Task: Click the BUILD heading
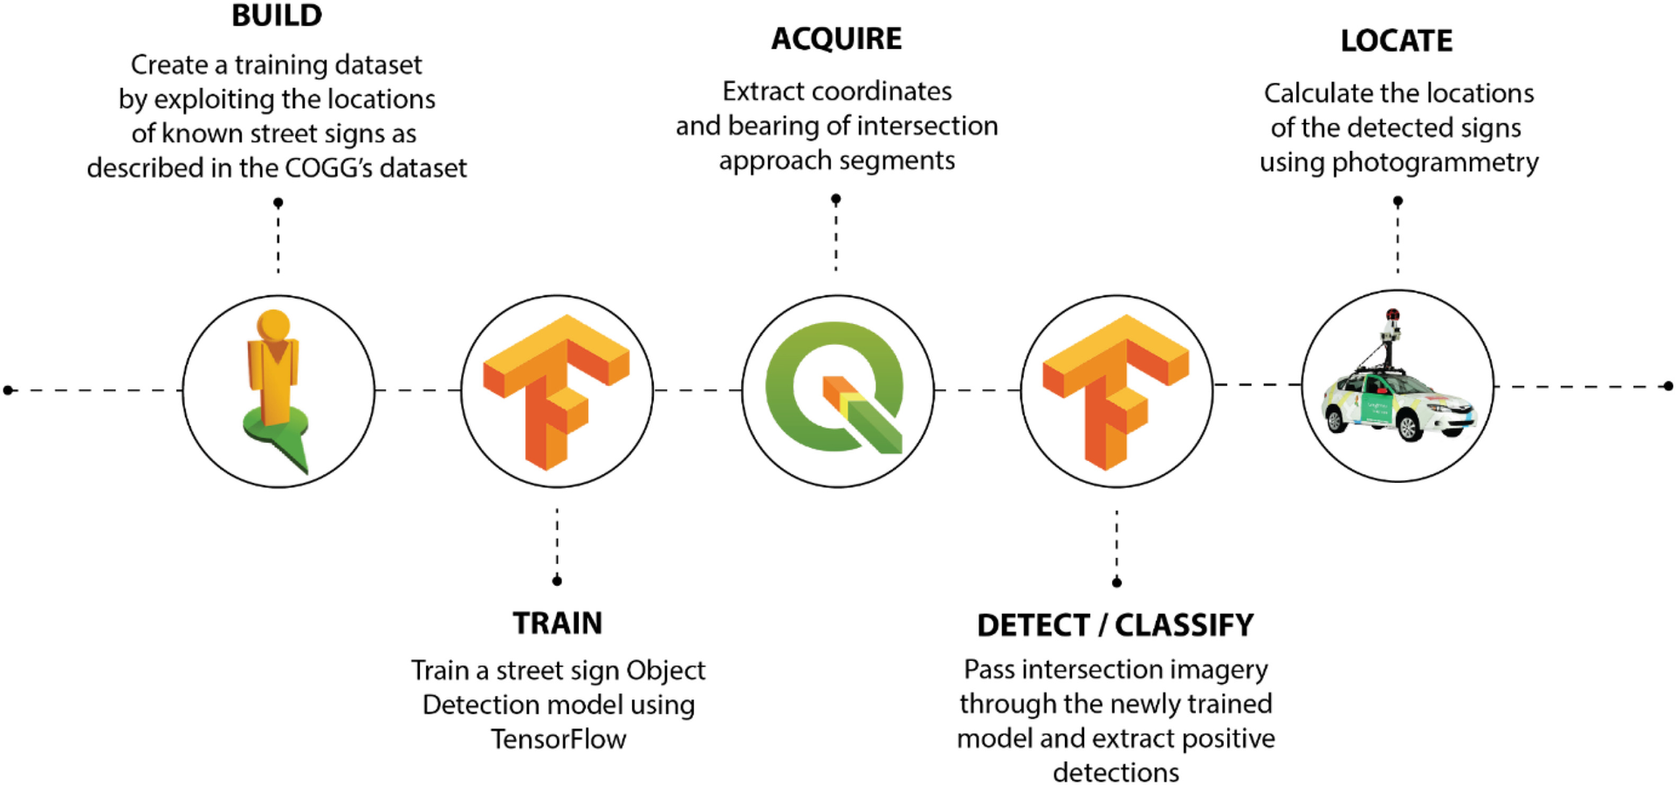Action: [x=277, y=16]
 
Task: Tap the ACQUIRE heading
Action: [x=836, y=39]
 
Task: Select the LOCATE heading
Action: [x=1396, y=41]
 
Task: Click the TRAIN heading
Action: [x=557, y=623]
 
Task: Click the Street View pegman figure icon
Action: [x=276, y=389]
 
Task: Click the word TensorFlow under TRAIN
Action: [x=558, y=740]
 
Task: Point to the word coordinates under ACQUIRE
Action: [x=881, y=92]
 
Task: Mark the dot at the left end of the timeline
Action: [x=9, y=390]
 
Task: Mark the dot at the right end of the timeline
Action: [x=1668, y=386]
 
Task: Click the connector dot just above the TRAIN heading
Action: [x=557, y=581]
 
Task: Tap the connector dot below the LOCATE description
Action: [x=1398, y=202]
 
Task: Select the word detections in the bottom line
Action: [x=1115, y=773]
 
